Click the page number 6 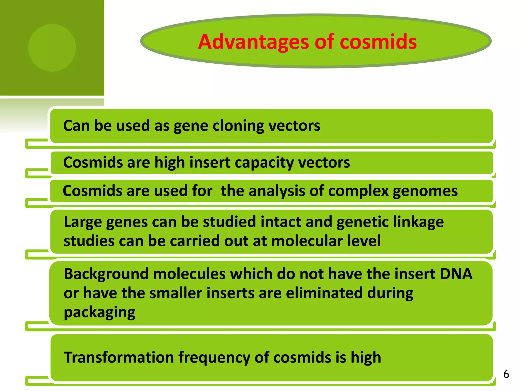[x=506, y=374]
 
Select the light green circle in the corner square [x=52, y=48]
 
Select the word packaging [x=99, y=313]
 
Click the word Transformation [x=119, y=357]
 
